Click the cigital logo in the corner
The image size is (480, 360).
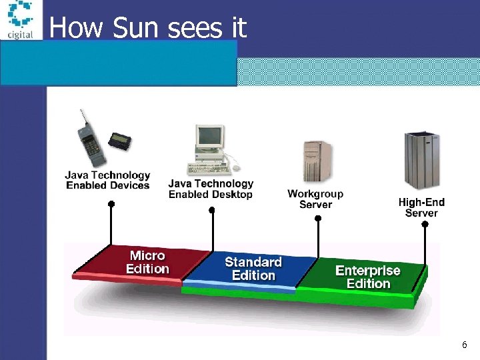click(x=20, y=19)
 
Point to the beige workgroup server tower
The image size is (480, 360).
click(x=317, y=160)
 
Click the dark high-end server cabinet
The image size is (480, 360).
click(x=421, y=160)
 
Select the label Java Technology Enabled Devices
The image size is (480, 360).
click(x=107, y=181)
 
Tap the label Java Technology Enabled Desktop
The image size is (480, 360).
click(x=211, y=189)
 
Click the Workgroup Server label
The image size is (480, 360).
click(x=315, y=199)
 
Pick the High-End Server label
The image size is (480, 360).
click(x=421, y=207)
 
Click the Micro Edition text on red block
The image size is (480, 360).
click(x=147, y=262)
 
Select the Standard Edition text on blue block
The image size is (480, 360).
click(x=253, y=269)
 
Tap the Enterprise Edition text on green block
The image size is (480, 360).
click(x=368, y=277)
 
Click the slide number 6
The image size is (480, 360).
click(x=464, y=345)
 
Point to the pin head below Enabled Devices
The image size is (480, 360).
click(x=111, y=204)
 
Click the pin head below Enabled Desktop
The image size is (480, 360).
click(x=212, y=210)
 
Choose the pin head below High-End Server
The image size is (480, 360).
click(x=425, y=225)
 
